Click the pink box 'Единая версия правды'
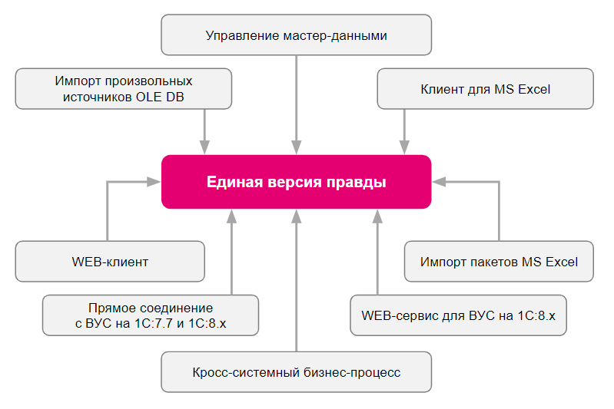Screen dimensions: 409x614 pos(296,182)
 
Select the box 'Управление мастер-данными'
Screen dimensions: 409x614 pos(296,35)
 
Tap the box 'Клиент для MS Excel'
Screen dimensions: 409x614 pos(485,89)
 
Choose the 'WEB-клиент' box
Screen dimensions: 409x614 pos(110,262)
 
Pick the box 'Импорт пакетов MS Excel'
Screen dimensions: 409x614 pos(499,262)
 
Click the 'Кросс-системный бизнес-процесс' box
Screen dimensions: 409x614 pos(296,373)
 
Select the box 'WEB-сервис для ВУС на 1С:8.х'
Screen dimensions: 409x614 pos(458,315)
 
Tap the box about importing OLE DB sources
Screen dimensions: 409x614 pos(124,89)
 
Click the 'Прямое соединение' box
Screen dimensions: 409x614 pos(151,315)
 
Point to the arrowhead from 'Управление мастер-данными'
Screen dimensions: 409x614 pos(297,147)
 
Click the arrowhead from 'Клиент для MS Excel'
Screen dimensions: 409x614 pos(404,147)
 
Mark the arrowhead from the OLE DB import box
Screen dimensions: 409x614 pos(204,147)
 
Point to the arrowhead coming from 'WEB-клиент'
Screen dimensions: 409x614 pos(153,182)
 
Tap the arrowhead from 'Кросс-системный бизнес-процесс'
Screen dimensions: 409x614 pos(297,216)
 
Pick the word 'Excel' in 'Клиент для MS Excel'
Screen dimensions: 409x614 pos(534,89)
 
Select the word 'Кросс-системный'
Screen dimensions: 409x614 pos(234,373)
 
